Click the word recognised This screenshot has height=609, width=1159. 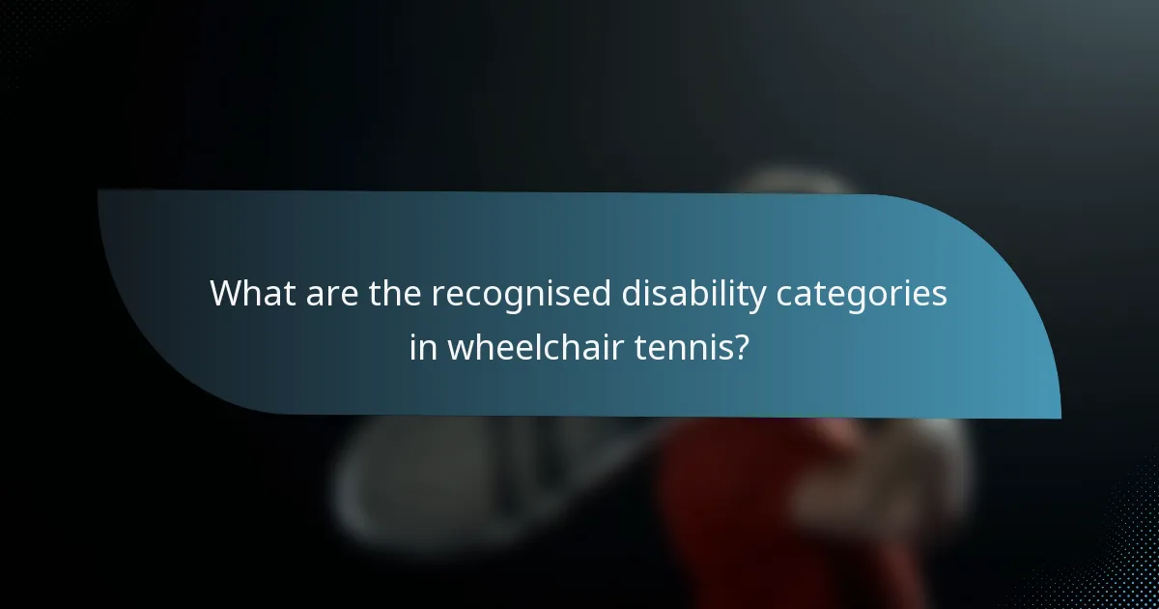[x=521, y=295]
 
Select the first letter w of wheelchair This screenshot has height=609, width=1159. [x=459, y=348]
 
